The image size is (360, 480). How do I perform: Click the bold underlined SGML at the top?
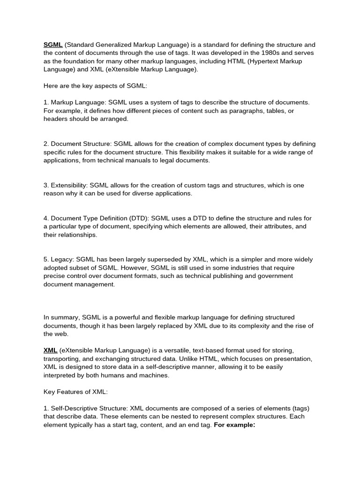53,45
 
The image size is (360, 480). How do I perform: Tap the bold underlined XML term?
50,350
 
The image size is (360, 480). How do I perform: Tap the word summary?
63,318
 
